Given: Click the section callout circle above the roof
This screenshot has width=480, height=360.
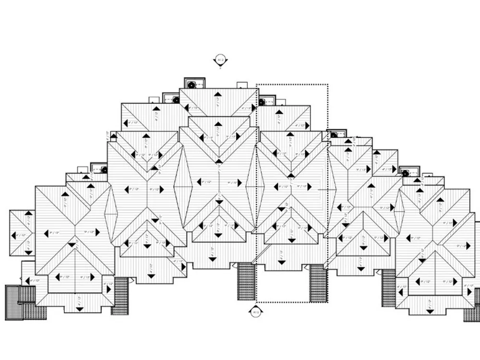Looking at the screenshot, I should click(220, 60).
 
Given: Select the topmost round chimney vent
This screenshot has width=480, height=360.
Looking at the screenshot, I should click(191, 85).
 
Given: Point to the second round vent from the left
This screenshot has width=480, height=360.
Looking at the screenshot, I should click(176, 100).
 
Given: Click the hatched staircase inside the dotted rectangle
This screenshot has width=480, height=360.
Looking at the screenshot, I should click(318, 283).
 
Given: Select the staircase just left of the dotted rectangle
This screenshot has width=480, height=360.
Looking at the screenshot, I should click(246, 281).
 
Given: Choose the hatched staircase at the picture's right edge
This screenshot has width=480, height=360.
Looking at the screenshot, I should click(472, 304).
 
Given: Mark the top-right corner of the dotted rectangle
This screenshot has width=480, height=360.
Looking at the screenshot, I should click(328, 84).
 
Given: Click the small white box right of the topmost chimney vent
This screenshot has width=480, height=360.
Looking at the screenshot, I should click(242, 85).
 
